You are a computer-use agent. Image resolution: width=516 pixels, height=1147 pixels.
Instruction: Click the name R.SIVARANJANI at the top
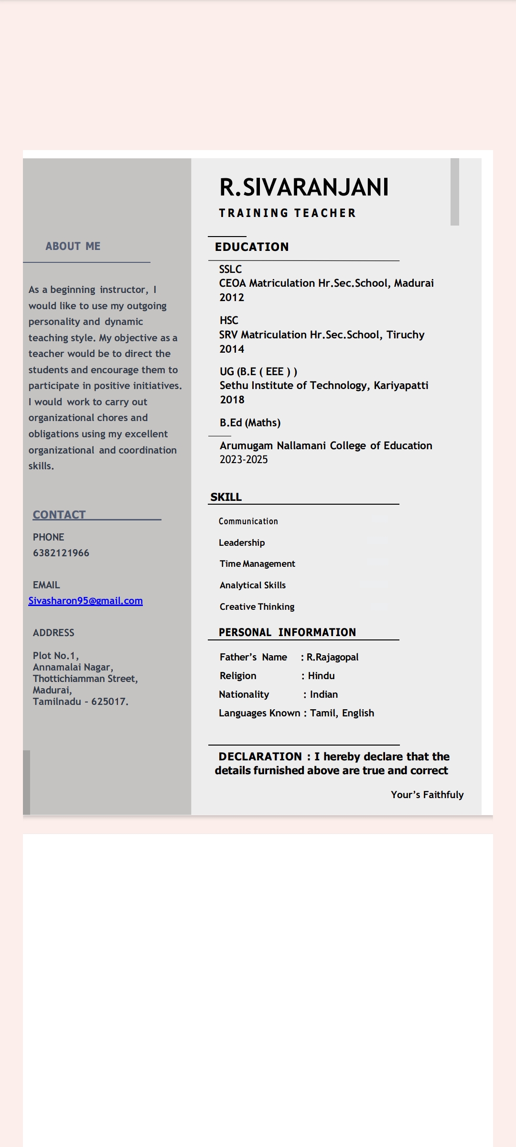coord(304,187)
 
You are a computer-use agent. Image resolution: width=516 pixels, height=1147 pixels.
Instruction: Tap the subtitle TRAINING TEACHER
coord(287,213)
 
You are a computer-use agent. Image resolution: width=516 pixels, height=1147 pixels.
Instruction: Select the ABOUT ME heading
coord(73,246)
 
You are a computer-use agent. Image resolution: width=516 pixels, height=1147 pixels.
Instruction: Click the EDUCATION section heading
coord(252,247)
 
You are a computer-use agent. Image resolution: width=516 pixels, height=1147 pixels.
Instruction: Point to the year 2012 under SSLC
coord(232,297)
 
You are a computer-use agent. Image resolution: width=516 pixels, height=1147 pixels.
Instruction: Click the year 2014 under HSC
coord(232,349)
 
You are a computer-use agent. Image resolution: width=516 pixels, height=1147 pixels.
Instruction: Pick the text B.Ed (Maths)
coord(250,422)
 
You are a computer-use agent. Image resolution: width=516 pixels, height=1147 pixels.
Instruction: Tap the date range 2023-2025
coord(244,459)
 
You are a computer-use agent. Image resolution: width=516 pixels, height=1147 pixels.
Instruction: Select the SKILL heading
coord(226,497)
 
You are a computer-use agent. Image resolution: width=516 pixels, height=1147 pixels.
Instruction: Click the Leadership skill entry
coord(242,542)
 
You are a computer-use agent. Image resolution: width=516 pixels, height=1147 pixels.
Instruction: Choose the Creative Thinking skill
coord(257,606)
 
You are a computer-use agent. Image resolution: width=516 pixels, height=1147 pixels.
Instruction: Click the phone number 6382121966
coord(61,553)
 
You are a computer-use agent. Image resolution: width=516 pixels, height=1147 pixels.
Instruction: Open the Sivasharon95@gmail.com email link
coord(86,601)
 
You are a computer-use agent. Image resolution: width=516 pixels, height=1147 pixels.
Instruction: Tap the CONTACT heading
coord(59,515)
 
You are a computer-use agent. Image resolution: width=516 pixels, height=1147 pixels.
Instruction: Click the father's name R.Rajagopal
coord(333,657)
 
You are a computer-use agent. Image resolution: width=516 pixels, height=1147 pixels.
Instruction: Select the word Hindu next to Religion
coord(321,676)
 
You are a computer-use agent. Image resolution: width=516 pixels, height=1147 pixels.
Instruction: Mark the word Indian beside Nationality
coord(324,694)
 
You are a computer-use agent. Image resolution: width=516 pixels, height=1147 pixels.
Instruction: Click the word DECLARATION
coord(260,757)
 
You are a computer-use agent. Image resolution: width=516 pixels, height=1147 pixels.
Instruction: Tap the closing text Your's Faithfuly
coord(427,795)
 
